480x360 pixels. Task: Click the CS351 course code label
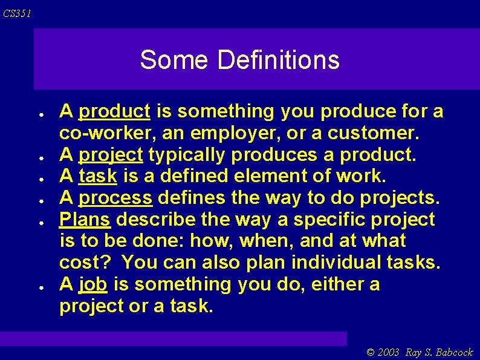click(16, 13)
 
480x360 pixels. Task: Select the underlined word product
click(114, 111)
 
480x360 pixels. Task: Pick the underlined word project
click(111, 155)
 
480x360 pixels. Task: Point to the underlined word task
click(98, 177)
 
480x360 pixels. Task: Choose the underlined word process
click(115, 198)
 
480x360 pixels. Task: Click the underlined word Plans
click(85, 219)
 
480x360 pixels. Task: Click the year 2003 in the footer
click(390, 353)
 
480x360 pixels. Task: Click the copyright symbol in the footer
click(371, 353)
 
